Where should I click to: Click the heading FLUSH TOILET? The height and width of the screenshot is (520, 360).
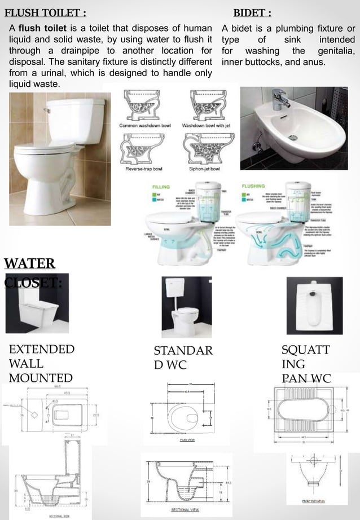[45, 12]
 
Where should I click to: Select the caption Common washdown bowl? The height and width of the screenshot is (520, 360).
[144, 125]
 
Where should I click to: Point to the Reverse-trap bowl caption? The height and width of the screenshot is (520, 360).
[144, 168]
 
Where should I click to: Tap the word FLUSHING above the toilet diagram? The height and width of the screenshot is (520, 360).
[253, 186]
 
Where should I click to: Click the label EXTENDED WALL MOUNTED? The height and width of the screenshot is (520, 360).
[41, 363]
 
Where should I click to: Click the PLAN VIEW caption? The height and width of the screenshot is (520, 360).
[187, 439]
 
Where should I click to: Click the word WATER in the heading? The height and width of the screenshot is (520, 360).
[29, 263]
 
